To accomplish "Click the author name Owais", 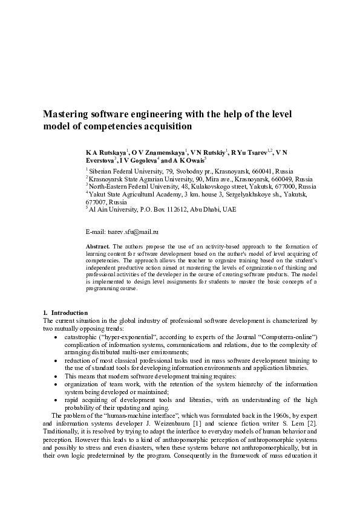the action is pyautogui.click(x=194, y=161).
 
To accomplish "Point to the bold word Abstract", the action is pyautogui.click(x=97, y=247).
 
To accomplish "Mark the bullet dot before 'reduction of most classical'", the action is pyautogui.click(x=57, y=360).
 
